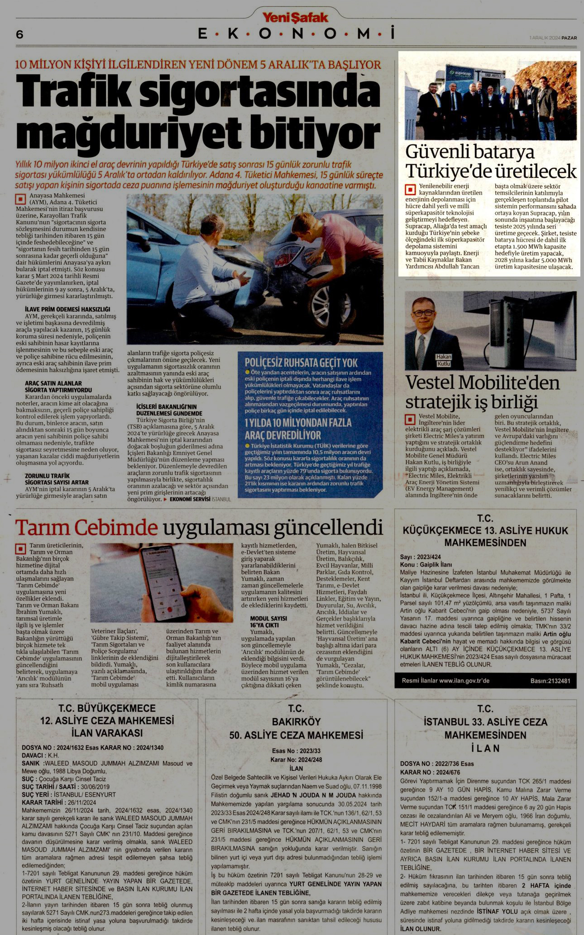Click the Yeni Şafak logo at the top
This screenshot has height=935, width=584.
point(295,17)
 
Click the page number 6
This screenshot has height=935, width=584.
point(19,34)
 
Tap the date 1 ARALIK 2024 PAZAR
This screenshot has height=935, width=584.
point(553,38)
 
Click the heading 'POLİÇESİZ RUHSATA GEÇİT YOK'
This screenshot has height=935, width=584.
point(301,363)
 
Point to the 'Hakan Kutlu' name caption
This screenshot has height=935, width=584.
point(444,360)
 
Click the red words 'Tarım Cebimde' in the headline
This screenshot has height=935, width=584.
point(86,528)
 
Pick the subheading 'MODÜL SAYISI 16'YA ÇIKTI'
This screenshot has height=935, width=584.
point(268,621)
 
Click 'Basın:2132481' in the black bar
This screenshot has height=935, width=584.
point(550,681)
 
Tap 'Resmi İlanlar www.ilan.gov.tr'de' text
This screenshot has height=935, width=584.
point(445,681)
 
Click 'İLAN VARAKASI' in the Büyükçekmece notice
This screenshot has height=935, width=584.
point(107,733)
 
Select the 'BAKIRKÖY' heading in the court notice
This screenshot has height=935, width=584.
point(296,722)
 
